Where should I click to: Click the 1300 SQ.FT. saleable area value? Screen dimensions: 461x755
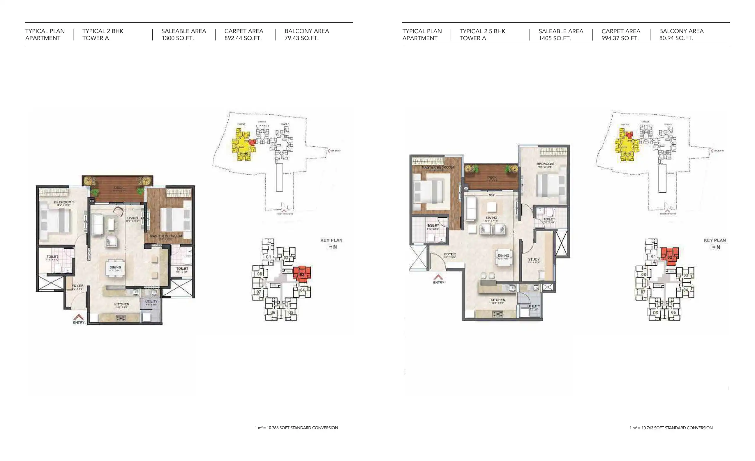point(177,38)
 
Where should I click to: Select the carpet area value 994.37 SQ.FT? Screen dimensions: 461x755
point(620,38)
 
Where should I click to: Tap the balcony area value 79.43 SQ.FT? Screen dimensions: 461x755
point(301,38)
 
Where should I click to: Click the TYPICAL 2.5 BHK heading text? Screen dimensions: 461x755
point(482,31)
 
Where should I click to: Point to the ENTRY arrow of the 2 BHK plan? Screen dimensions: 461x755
point(78,317)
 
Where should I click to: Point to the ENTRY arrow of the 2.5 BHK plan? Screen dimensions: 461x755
point(438,277)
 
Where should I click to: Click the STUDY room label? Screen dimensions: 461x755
point(534,260)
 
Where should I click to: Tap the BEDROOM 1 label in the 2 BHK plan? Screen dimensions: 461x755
point(63,202)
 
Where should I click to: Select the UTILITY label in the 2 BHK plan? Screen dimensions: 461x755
point(151,302)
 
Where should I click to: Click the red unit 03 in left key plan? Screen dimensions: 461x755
point(302,273)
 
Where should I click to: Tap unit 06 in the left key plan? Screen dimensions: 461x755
point(272,313)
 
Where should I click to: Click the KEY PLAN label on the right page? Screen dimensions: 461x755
point(715,240)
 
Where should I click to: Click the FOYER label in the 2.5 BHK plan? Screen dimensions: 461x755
point(450,254)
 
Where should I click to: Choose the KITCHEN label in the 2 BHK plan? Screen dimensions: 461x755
point(122,304)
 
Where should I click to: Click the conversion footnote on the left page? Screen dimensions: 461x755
point(296,428)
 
